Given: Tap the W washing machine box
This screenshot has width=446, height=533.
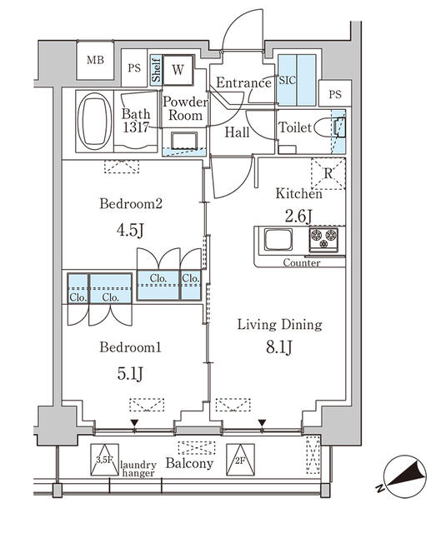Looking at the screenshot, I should click(178, 71).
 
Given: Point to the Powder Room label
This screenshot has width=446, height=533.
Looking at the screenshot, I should click(184, 109).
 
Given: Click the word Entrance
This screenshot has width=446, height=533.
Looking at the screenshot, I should click(243, 82).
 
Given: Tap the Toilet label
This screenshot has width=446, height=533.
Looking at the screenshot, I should click(294, 128).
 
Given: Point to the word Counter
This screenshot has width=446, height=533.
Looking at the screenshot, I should click(301, 263).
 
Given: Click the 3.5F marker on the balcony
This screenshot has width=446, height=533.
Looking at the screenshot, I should click(103, 459).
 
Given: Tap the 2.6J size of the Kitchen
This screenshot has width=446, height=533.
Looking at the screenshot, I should click(298, 217).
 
